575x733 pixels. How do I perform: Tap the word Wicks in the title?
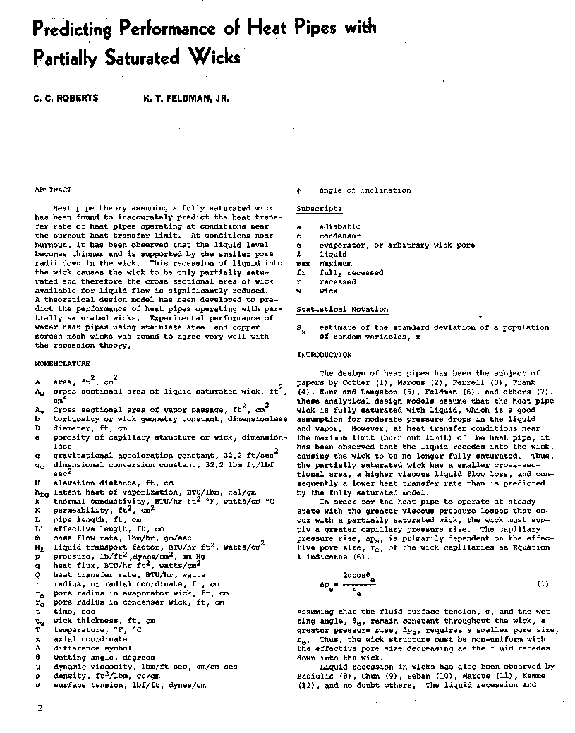[x=214, y=56]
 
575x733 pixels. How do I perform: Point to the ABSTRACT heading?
[x=53, y=190]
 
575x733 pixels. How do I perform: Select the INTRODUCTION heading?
[x=325, y=355]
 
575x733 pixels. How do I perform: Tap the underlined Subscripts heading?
[x=319, y=209]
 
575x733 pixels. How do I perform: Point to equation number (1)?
[x=543, y=583]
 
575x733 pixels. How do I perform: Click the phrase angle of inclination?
[x=365, y=190]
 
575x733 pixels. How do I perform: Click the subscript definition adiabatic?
[x=340, y=227]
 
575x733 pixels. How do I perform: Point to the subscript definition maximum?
[x=335, y=263]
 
